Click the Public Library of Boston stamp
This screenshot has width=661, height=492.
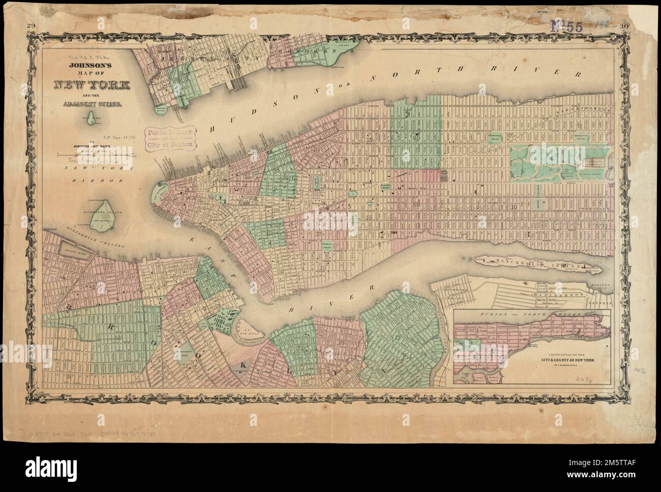coord(170,138)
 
